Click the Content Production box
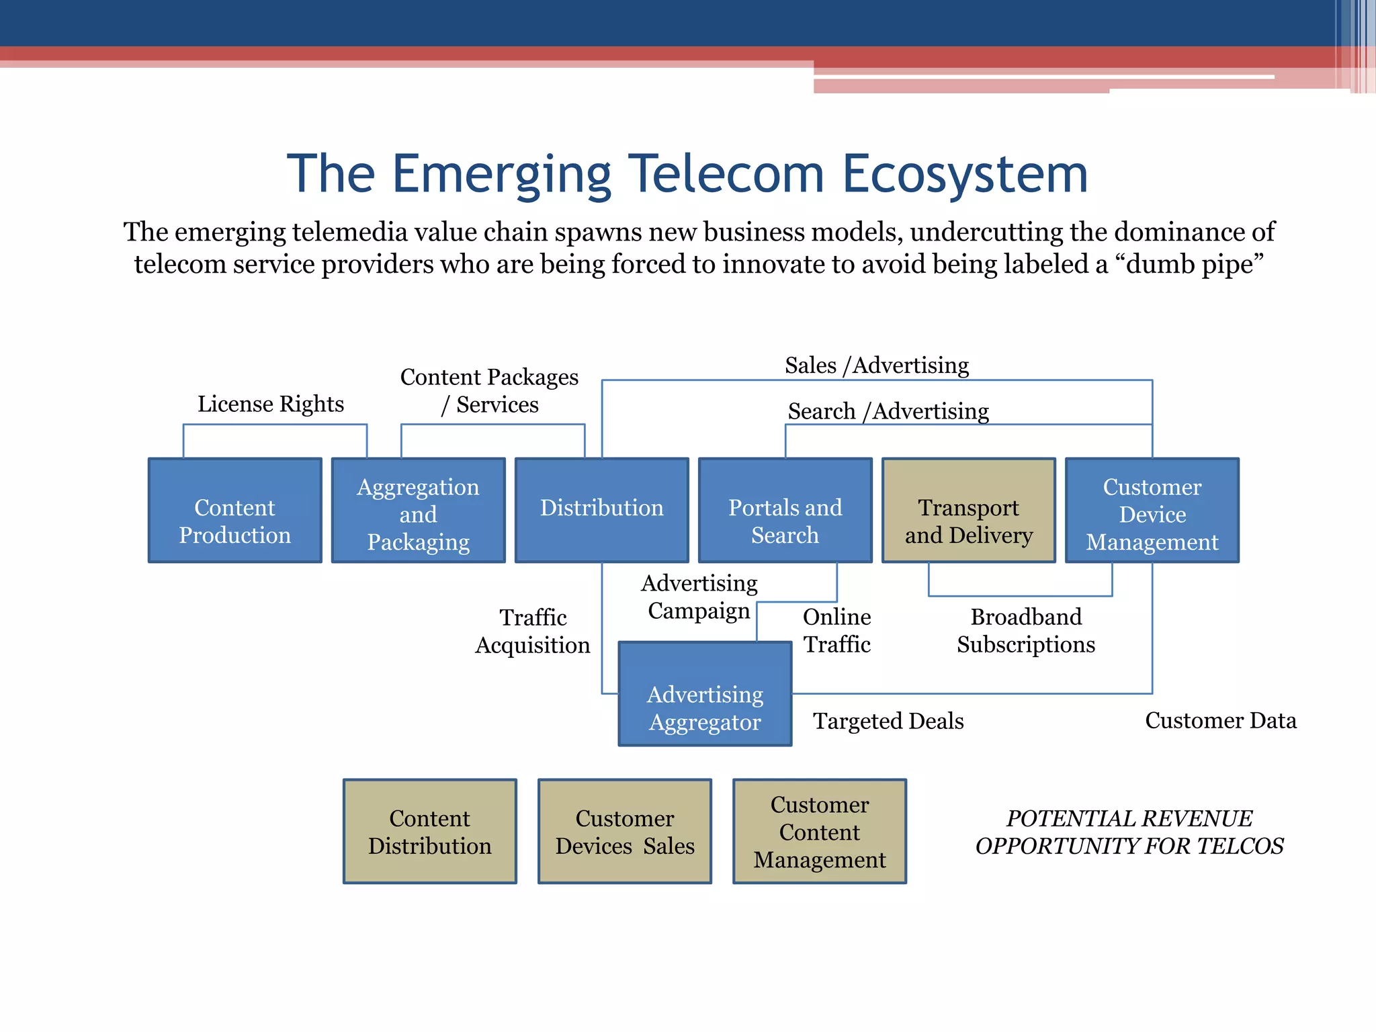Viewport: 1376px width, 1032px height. tap(234, 511)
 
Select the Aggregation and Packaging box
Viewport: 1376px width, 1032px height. tap(418, 511)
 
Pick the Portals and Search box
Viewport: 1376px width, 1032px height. tap(785, 511)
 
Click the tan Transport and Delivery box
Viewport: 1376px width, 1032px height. tap(968, 511)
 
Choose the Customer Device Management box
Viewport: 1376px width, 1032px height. tap(1152, 511)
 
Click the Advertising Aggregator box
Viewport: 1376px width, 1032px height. tap(705, 694)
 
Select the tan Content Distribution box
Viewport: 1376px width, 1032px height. tap(429, 831)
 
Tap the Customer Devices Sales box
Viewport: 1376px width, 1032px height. tap(624, 831)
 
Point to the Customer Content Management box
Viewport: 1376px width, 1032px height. tap(819, 831)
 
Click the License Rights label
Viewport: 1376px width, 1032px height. tap(270, 404)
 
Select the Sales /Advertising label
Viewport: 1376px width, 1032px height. tap(877, 365)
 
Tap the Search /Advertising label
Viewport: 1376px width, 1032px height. tap(888, 411)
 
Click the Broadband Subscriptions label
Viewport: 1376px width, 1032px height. tap(1026, 630)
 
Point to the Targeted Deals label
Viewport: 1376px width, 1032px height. tap(888, 721)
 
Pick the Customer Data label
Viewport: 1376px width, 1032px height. tap(1220, 720)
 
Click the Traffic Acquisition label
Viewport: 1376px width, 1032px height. tap(533, 631)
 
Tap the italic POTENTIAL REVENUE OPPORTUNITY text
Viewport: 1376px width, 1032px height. tap(1129, 832)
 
